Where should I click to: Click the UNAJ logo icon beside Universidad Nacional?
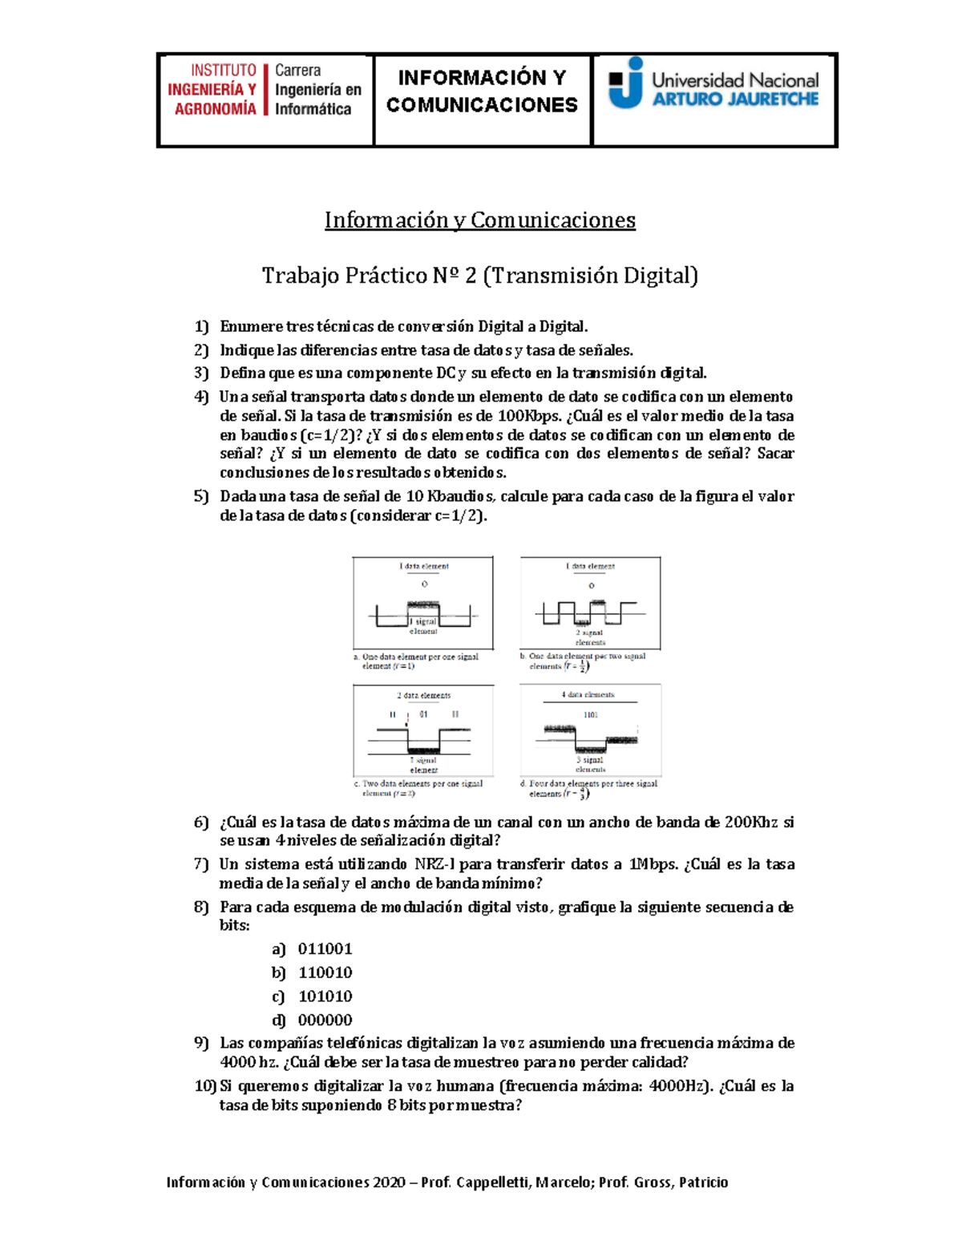tap(626, 83)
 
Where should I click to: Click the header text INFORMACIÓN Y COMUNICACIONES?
tap(482, 91)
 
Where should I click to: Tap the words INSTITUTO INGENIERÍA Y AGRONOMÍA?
tap(212, 90)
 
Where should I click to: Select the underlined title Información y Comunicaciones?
tap(479, 220)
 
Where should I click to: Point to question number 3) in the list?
tap(201, 373)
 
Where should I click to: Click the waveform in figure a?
tap(423, 615)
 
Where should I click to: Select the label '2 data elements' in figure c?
tap(423, 695)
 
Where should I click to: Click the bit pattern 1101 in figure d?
tap(591, 714)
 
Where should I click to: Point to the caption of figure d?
tap(589, 788)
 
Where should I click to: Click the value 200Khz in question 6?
tap(751, 823)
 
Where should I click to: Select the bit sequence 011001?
tap(325, 949)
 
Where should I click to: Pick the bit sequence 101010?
tap(325, 996)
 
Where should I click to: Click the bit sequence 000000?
tap(325, 1021)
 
